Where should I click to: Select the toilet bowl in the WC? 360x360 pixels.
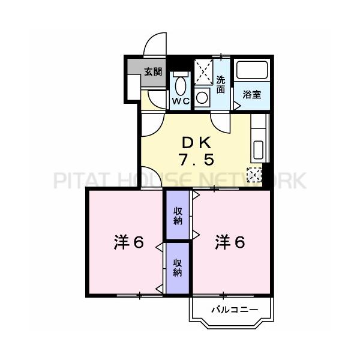click(x=181, y=82)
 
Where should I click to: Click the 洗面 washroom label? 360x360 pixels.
click(x=221, y=85)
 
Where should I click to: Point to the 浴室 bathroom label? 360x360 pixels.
click(x=251, y=95)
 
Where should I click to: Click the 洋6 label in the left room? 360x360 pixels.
click(x=128, y=243)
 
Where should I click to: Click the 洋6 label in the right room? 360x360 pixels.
click(x=230, y=243)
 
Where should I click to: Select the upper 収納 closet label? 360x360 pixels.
click(x=178, y=215)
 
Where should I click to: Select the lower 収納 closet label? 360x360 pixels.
click(x=178, y=268)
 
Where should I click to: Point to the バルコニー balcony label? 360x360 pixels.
click(x=234, y=310)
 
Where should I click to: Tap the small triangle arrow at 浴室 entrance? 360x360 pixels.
click(x=237, y=105)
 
